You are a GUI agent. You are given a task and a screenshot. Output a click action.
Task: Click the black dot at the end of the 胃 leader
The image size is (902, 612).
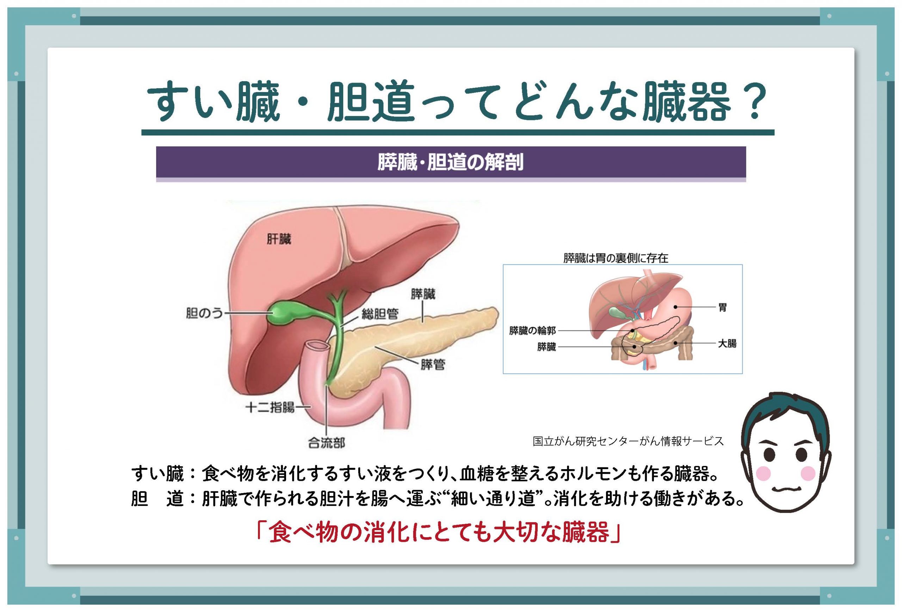[676, 307]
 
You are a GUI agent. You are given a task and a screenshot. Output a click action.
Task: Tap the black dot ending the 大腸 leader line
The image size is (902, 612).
[676, 343]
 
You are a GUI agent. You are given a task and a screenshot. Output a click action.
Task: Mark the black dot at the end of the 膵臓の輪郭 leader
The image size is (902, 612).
[632, 331]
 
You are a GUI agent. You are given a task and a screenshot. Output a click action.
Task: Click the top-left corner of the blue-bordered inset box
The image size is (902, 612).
[503, 265]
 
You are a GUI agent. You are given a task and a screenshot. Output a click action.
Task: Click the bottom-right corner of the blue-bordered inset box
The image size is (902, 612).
[742, 374]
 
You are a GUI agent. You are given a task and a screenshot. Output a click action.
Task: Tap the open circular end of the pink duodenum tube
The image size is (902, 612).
[316, 345]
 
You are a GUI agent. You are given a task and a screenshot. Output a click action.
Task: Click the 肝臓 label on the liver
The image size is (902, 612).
[279, 238]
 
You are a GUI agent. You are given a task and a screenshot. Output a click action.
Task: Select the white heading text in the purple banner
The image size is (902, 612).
[451, 162]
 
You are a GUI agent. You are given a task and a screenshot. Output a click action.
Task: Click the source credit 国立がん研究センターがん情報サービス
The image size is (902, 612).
[628, 441]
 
